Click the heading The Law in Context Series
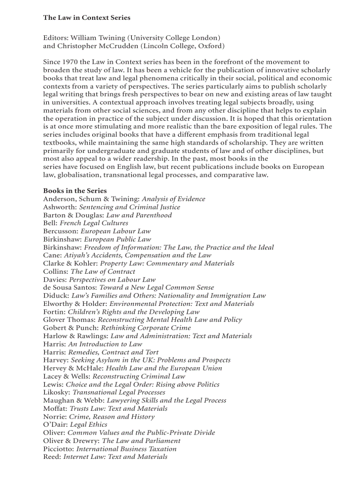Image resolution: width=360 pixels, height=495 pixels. point(86,18)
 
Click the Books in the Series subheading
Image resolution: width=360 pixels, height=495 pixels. point(75,191)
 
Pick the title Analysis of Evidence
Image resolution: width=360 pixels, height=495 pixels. point(173,199)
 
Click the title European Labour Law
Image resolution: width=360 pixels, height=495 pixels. point(116,231)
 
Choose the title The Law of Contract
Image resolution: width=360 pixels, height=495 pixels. point(103,272)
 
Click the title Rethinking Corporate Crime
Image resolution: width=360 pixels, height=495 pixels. point(146,328)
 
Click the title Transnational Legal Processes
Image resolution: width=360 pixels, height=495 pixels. point(119,392)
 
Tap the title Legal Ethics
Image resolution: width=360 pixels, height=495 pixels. point(88,424)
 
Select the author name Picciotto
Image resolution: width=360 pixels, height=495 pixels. point(58,449)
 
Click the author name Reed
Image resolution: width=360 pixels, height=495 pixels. point(51,457)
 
